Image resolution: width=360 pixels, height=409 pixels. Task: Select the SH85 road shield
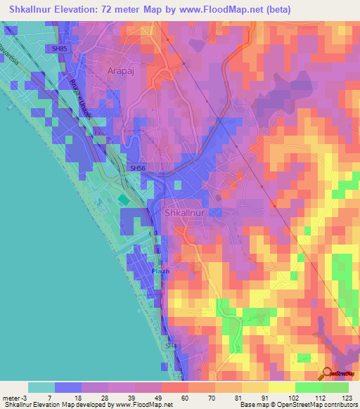[x=58, y=48]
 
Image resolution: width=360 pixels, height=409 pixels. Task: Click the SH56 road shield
[x=137, y=169]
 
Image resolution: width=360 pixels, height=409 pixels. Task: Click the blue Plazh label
[x=160, y=271]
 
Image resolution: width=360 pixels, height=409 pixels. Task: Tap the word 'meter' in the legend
[x=12, y=397]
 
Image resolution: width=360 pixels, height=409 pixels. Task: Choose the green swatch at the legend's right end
[x=335, y=387]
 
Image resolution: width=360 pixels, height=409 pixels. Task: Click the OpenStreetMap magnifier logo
[x=328, y=373]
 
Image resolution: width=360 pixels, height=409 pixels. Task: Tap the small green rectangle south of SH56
[x=124, y=200]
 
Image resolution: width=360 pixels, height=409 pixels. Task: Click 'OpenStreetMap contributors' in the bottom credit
[x=321, y=405]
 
